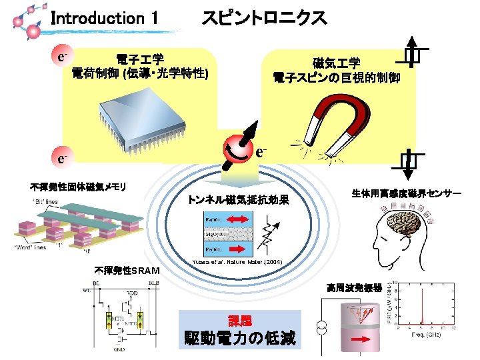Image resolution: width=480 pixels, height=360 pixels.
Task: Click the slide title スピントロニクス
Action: click(x=264, y=19)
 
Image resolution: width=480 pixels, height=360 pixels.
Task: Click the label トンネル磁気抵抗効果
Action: click(x=238, y=199)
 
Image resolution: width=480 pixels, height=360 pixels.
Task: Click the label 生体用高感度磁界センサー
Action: click(x=407, y=193)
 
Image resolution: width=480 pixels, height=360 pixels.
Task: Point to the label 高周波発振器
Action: click(x=354, y=288)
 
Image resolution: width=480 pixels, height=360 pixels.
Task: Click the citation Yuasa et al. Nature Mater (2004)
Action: click(x=237, y=261)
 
